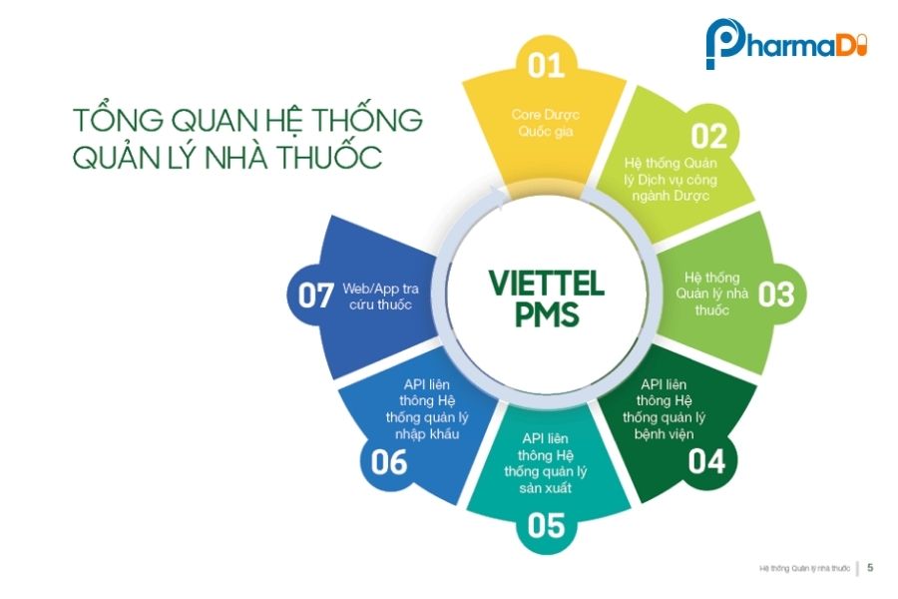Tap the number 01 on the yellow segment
(546, 66)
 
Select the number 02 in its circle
(709, 137)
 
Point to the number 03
(775, 295)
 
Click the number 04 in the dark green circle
(706, 460)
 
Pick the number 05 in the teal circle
(546, 525)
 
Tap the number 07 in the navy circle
(316, 296)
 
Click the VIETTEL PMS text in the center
(546, 299)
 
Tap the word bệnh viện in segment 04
(668, 434)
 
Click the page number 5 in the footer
(870, 568)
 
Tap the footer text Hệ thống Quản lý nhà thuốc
(804, 569)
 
